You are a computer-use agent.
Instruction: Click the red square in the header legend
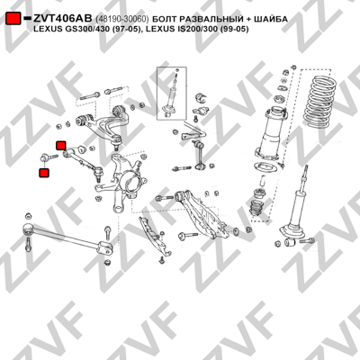tap(13, 19)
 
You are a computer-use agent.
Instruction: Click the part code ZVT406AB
tap(63, 19)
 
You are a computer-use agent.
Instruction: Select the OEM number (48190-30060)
tap(122, 19)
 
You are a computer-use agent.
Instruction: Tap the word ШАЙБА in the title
tap(271, 19)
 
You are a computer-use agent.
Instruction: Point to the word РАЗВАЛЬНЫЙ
tap(210, 19)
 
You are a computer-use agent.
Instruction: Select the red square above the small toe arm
tap(61, 146)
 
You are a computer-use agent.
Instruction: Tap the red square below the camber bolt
tap(44, 173)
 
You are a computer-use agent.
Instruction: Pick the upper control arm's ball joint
tap(117, 140)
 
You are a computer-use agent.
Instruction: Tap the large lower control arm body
tap(204, 213)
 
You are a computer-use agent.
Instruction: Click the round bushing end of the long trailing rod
tap(29, 228)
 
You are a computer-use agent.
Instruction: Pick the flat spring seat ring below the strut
tap(265, 166)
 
